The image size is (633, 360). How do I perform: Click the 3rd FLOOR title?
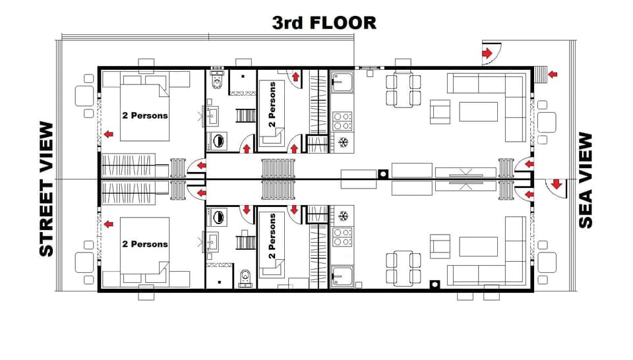pyautogui.click(x=324, y=22)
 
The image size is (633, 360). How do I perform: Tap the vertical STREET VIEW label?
pyautogui.click(x=45, y=189)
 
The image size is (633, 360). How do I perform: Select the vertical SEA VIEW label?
pyautogui.click(x=586, y=180)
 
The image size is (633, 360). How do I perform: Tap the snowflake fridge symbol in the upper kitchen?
pyautogui.click(x=343, y=142)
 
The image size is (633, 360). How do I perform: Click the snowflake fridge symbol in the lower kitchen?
pyautogui.click(x=343, y=216)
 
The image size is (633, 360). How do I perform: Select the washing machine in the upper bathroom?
pyautogui.click(x=218, y=140)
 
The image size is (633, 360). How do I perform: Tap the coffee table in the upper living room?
pyautogui.click(x=478, y=112)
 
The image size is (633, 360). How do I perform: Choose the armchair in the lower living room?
pyautogui.click(x=440, y=247)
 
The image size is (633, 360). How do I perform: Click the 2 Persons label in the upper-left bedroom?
pyautogui.click(x=145, y=115)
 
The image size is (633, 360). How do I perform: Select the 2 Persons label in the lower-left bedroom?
pyautogui.click(x=145, y=244)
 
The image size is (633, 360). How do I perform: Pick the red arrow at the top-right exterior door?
pyautogui.click(x=488, y=53)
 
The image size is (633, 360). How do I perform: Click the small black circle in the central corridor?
pyautogui.click(x=382, y=173)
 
